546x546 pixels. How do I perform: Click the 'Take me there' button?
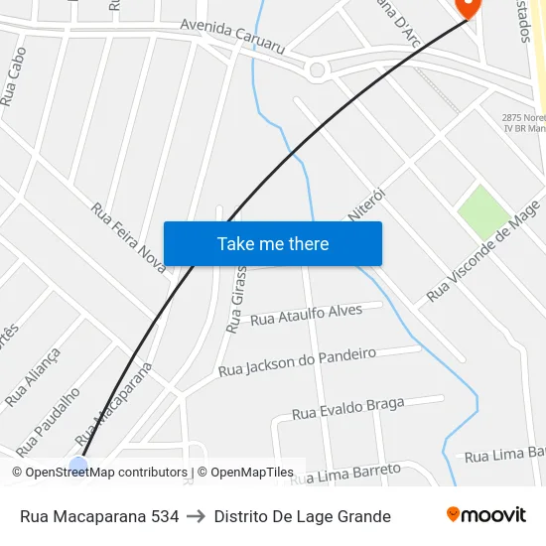(273, 243)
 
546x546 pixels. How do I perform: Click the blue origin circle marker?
(78, 465)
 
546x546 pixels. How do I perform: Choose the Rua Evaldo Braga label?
(348, 407)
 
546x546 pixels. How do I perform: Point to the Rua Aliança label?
(33, 376)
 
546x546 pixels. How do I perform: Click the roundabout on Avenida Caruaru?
(317, 69)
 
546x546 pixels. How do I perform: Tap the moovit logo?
(486, 515)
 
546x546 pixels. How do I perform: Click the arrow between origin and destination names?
(196, 516)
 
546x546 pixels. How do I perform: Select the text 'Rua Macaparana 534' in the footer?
(99, 516)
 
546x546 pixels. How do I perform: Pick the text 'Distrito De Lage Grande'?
(302, 516)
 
